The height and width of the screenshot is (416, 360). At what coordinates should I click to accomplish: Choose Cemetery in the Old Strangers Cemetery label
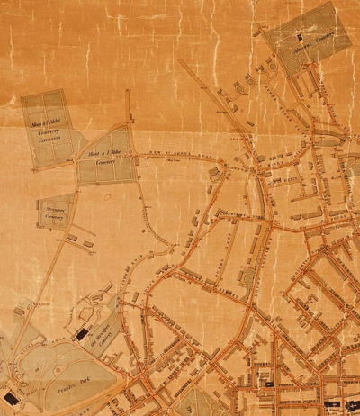pos(110,339)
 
